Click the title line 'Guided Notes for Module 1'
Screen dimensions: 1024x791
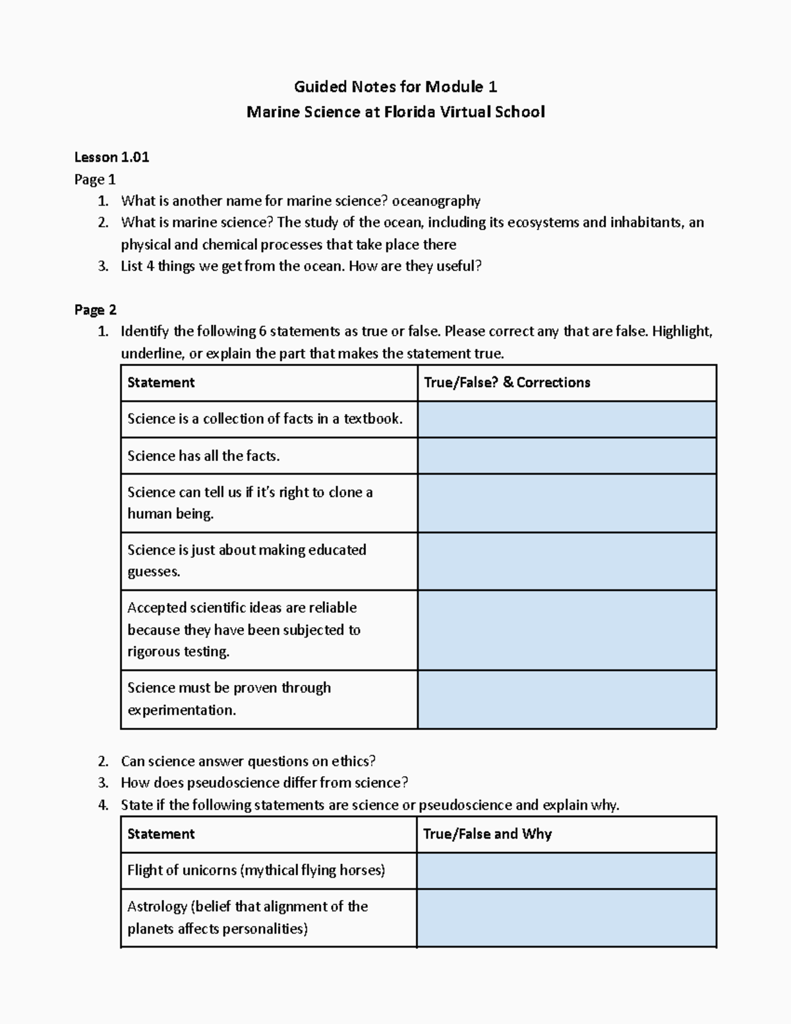click(395, 86)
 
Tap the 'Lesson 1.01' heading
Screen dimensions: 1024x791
click(111, 157)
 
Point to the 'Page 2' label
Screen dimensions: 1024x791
click(95, 310)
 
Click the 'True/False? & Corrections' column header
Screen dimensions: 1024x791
click(507, 382)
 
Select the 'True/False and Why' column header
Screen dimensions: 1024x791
click(487, 834)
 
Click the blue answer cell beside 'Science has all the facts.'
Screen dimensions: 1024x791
click(567, 456)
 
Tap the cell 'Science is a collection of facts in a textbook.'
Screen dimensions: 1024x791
click(264, 419)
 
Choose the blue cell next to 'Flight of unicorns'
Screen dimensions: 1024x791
click(567, 870)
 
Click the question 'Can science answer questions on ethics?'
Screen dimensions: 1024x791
click(248, 761)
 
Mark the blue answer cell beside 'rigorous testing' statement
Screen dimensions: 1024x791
click(567, 630)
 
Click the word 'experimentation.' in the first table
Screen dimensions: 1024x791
click(181, 710)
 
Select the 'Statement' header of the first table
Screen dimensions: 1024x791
click(161, 382)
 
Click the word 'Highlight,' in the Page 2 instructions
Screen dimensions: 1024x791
click(682, 331)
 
